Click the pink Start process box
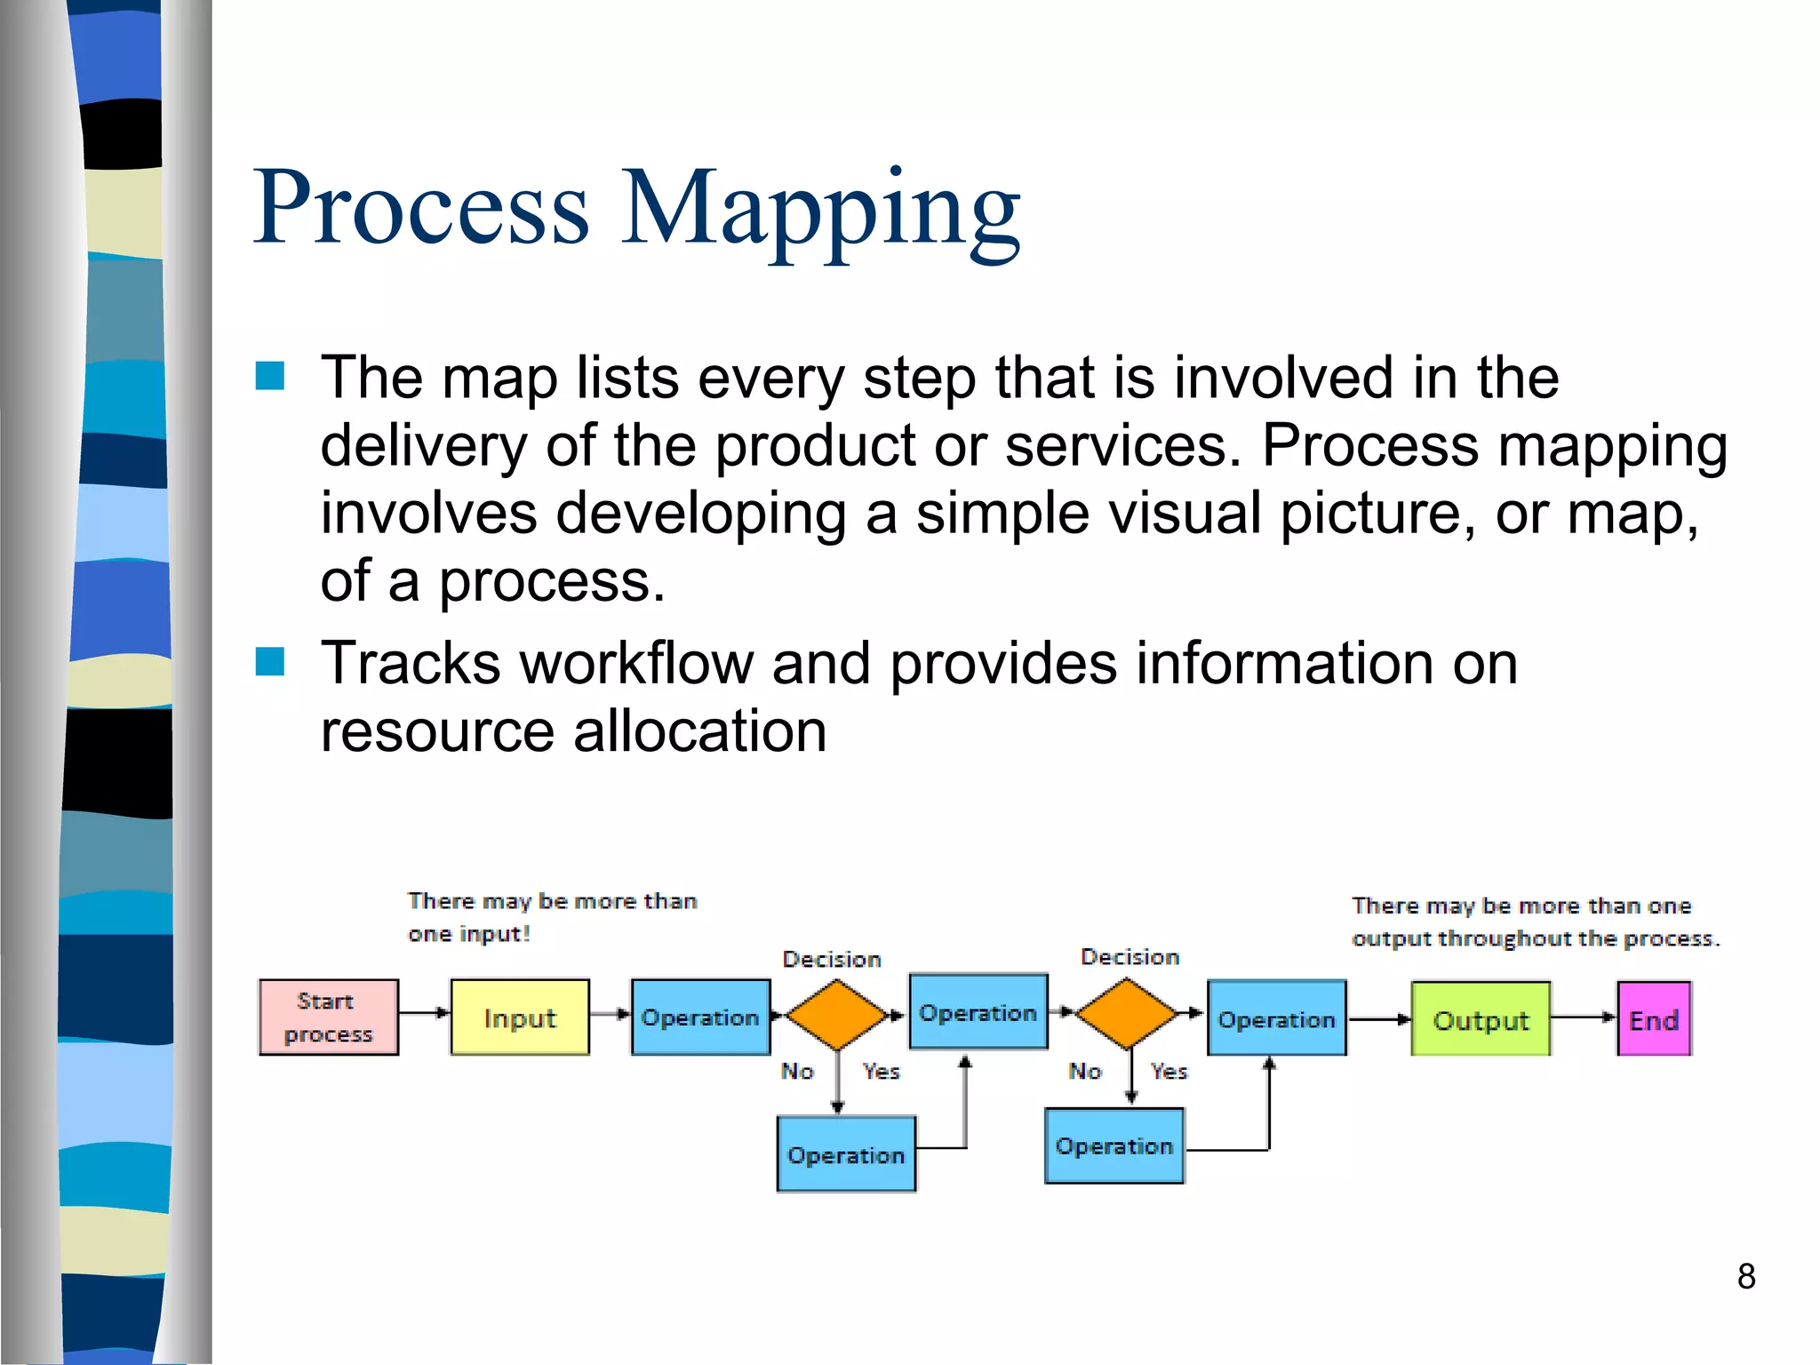pos(328,1018)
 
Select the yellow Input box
pos(520,1018)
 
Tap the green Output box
pos(1481,1019)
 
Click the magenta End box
pos(1654,1019)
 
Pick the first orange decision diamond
pos(836,1014)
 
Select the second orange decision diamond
pos(1127,1013)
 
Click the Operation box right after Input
pos(700,1018)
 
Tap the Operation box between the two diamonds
pos(978,1012)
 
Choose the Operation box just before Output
pos(1276,1018)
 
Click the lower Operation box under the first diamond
pos(846,1154)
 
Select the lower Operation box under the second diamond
pos(1114,1145)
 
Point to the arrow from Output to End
pos(1584,1018)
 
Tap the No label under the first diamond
pos(797,1071)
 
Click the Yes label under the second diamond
pos(1169,1071)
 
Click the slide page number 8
pos(1745,1276)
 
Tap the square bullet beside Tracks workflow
pos(270,661)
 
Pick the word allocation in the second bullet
pos(699,731)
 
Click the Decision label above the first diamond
pos(831,959)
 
